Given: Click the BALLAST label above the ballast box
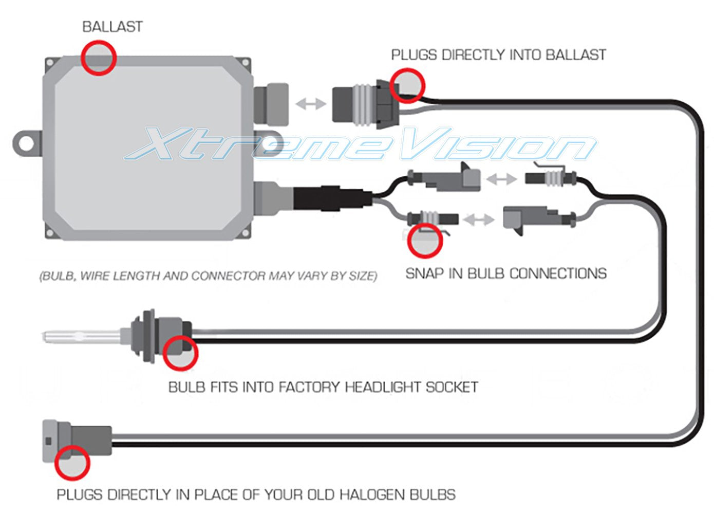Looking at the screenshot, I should click(x=112, y=27).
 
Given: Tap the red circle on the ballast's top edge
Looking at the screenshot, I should click(x=99, y=58).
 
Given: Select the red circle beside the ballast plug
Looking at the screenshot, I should click(x=407, y=85).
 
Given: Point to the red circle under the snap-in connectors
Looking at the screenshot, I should click(x=425, y=241).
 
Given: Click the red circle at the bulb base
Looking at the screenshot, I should click(x=180, y=353).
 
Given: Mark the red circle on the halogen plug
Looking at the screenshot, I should click(x=72, y=463).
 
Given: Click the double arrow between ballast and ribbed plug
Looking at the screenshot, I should click(x=311, y=104).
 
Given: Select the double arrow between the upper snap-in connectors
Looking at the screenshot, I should click(x=502, y=179).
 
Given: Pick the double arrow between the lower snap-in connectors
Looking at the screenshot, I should click(x=478, y=220).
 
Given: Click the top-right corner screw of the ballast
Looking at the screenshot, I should click(x=246, y=63).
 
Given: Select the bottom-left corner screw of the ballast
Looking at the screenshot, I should click(x=50, y=233).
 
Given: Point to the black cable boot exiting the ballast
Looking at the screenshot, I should click(x=331, y=198).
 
